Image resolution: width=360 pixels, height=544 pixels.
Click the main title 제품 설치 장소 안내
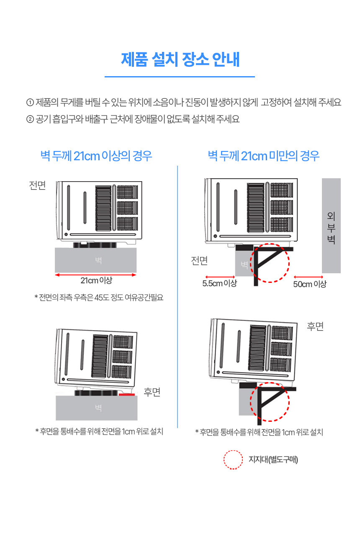coord(180,59)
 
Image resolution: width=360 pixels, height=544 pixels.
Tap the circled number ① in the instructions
coord(30,102)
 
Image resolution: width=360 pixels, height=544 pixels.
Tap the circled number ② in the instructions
coord(30,119)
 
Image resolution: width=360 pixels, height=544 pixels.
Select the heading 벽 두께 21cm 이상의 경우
coord(96,156)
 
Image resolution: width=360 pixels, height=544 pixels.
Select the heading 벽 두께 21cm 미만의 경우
coord(264,156)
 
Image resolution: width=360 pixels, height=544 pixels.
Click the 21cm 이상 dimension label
coord(96,280)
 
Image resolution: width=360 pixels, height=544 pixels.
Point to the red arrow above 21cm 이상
coord(95,275)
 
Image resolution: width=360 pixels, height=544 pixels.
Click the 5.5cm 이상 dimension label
coord(220,283)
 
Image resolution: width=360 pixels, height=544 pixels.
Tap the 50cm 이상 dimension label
coord(310,284)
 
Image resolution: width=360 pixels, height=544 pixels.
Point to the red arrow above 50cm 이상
coord(308,277)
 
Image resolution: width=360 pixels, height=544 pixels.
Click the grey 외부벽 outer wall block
coord(331,226)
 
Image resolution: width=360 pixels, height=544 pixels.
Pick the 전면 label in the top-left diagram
coord(37,185)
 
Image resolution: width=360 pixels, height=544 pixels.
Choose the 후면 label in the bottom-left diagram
coord(152,392)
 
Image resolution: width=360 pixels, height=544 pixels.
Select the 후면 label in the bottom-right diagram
coord(315,326)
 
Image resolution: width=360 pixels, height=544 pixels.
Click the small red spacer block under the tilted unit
coord(126,394)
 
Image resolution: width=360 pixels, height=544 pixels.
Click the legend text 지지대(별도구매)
coord(273,459)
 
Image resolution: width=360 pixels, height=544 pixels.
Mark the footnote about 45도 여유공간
coord(99,297)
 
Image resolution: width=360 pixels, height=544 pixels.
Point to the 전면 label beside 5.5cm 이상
coord(199,261)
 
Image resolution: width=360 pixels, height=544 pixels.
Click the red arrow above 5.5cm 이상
coord(220,277)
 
